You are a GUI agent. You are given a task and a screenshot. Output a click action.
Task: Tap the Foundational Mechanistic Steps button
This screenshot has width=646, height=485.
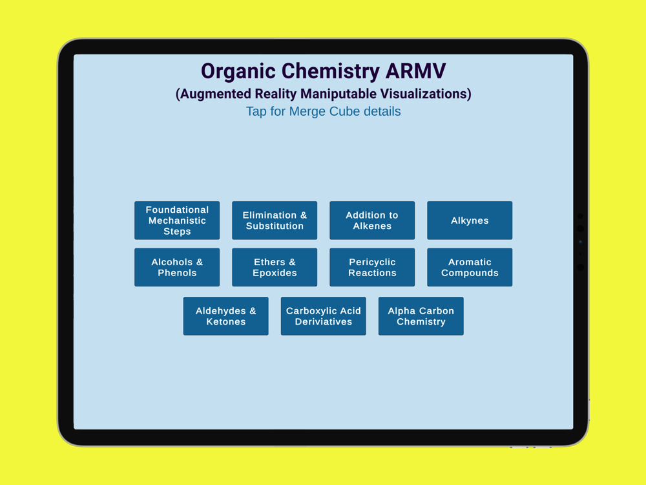point(177,221)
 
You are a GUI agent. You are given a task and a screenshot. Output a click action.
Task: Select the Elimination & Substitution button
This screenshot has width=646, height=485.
point(275,221)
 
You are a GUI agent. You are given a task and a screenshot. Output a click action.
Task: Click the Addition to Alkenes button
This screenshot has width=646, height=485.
point(372,221)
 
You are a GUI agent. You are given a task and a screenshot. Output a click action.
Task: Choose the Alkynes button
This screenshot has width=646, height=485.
point(470,221)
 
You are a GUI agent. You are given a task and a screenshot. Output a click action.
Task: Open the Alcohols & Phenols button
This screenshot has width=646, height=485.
point(177,267)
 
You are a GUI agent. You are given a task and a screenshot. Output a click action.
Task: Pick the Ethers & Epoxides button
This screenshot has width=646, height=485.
point(275,267)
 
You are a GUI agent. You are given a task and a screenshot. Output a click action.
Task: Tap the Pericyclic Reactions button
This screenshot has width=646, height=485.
point(372,267)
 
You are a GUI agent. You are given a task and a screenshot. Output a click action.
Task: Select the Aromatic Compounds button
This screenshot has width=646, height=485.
point(470,267)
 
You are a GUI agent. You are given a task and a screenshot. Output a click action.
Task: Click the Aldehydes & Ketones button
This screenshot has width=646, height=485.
point(225,316)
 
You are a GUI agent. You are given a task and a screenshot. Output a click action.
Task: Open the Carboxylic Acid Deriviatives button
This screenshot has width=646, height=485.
point(324,316)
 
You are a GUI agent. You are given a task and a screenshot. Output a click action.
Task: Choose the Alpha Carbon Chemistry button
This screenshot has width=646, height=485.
point(421,316)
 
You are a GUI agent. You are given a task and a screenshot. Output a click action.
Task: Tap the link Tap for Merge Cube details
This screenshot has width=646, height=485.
point(324,111)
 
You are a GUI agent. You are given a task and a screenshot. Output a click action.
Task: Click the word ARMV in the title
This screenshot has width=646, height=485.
point(415,71)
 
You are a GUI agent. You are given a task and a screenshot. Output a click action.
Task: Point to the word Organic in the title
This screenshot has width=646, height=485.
point(238,72)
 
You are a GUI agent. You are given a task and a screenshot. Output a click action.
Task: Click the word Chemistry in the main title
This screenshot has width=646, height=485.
point(330,72)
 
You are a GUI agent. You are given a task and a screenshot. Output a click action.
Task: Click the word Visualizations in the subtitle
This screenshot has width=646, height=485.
point(426,94)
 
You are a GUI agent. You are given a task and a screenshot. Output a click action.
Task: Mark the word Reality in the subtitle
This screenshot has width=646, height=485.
point(276,94)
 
